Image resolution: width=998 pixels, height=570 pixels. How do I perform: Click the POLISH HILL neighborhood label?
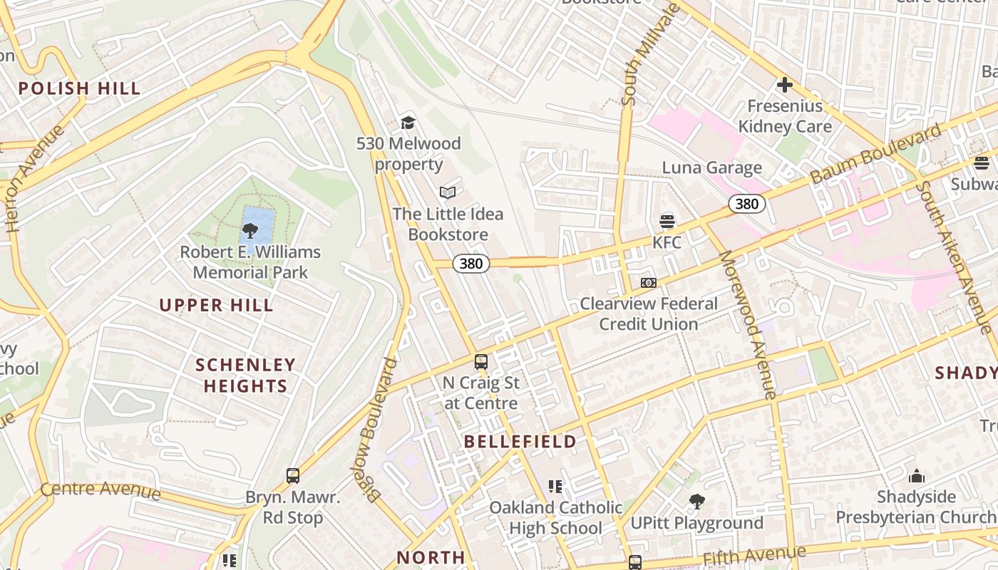click(x=79, y=89)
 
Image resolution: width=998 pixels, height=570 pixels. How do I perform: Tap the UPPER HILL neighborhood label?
click(x=216, y=306)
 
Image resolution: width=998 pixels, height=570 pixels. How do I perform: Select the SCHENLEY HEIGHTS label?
click(x=245, y=375)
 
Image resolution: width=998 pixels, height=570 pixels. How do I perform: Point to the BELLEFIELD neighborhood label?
click(x=520, y=442)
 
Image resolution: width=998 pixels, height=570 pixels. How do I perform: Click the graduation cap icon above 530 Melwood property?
click(x=408, y=123)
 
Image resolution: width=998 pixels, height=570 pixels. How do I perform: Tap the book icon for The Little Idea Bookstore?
click(x=448, y=192)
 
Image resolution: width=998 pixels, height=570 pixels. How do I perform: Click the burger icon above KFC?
click(x=667, y=221)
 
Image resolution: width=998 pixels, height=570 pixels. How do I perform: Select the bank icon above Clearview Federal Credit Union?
click(x=648, y=283)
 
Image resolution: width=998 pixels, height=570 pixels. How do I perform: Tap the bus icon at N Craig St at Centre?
click(x=481, y=362)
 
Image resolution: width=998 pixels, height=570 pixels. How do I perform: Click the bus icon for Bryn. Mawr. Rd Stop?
click(x=292, y=476)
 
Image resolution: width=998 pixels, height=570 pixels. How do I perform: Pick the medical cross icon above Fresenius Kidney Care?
click(x=785, y=85)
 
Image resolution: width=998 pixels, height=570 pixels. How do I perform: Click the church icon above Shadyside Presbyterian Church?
click(x=916, y=475)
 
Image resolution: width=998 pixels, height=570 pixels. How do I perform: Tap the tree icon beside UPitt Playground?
click(x=697, y=502)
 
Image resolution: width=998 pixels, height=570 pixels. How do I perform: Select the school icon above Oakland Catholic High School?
click(x=555, y=487)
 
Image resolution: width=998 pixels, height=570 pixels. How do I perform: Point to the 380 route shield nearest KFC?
click(x=746, y=204)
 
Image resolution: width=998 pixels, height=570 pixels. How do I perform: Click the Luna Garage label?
click(x=711, y=168)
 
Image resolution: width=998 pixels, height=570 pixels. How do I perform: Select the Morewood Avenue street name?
click(x=746, y=324)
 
